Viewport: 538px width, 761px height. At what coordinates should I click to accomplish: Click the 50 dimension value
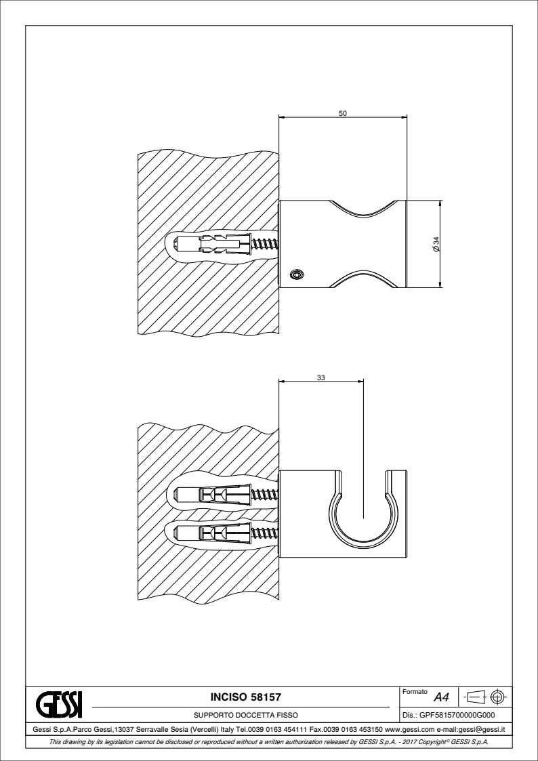tap(342, 114)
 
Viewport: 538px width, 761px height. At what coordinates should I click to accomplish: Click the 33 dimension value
tap(321, 378)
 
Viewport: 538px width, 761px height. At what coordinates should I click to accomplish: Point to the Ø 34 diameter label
tap(436, 244)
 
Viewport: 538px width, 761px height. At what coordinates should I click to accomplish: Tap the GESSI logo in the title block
tap(59, 705)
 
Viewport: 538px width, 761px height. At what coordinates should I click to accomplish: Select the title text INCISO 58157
tap(245, 697)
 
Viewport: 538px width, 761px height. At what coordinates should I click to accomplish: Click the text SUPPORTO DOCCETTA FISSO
tap(245, 715)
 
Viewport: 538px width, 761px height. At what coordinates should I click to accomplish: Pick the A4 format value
tap(441, 698)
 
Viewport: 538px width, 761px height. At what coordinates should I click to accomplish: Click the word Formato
tap(415, 692)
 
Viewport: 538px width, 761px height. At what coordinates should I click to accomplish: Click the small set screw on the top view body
tap(296, 274)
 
